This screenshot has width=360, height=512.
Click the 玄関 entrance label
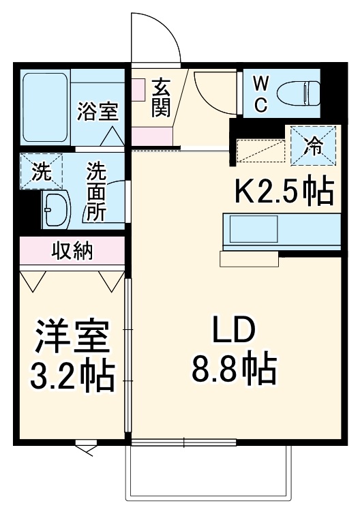tap(161, 98)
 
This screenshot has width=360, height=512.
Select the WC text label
tap(260, 94)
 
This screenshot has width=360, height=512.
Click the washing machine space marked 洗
tap(41, 171)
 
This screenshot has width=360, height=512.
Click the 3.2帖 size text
tap(72, 374)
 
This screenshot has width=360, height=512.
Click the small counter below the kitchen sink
tap(249, 258)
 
